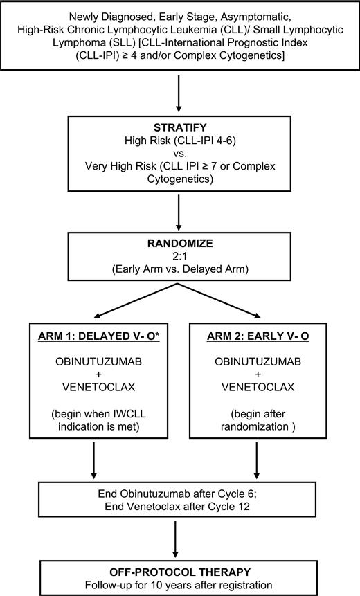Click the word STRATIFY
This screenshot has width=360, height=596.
click(x=179, y=127)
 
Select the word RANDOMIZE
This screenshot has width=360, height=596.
click(x=179, y=244)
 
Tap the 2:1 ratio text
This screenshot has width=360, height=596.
click(x=179, y=257)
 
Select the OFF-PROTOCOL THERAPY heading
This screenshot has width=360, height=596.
click(x=179, y=566)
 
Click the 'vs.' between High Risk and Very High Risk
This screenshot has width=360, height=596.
click(x=179, y=153)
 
